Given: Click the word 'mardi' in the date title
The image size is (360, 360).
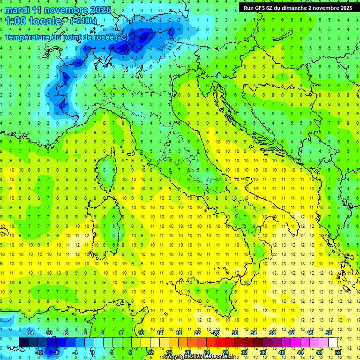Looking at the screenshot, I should click(16, 10).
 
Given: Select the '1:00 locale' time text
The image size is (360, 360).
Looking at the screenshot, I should click(33, 21).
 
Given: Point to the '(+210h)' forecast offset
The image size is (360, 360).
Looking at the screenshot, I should click(84, 21).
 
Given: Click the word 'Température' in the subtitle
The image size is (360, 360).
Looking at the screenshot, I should click(29, 37).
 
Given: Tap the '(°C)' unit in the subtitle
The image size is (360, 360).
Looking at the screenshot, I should click(122, 37).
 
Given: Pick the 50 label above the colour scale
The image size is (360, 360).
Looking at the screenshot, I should click(329, 333).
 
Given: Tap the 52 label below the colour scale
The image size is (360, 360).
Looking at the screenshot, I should click(338, 352).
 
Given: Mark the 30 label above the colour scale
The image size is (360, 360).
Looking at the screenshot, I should click(234, 333).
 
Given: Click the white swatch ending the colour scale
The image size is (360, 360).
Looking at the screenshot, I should click(333, 343).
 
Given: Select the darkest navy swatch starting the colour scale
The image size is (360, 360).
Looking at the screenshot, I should click(24, 343).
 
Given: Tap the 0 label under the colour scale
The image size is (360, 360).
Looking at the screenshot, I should click(93, 352).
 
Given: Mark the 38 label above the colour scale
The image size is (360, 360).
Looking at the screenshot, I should click(272, 333).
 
